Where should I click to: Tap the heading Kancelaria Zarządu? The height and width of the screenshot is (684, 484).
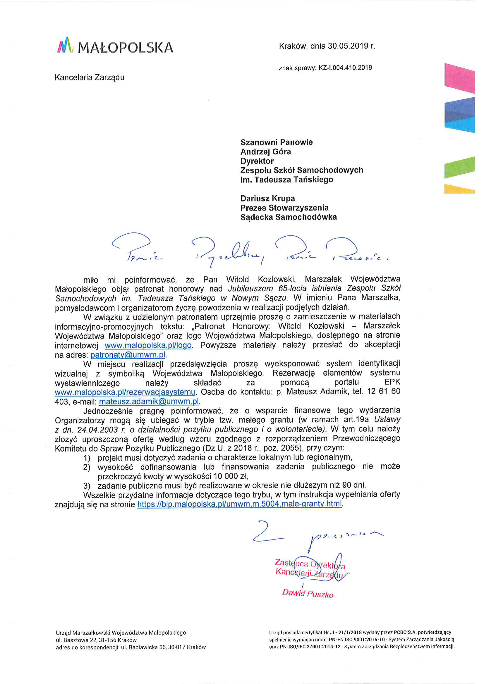tap(89, 77)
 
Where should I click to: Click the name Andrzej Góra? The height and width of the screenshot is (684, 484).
tap(266, 152)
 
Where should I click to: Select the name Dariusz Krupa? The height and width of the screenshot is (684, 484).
tap(268, 198)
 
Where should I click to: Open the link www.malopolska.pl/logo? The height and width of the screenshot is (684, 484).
tap(148, 345)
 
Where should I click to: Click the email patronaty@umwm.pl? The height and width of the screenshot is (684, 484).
tap(128, 355)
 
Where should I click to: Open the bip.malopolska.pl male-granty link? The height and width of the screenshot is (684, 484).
tap(239, 504)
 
